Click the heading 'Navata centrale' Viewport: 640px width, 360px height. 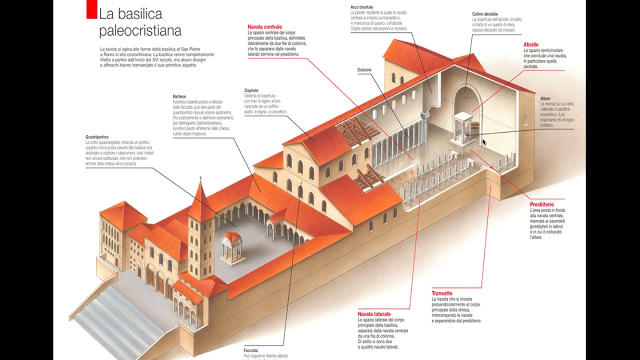click(x=264, y=27)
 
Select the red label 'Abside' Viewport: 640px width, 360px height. click(x=531, y=44)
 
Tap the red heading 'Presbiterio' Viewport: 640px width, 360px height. click(x=541, y=204)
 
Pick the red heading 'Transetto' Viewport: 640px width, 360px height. click(x=442, y=293)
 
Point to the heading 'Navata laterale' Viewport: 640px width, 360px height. click(x=374, y=314)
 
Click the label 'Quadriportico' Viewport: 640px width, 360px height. click(x=97, y=137)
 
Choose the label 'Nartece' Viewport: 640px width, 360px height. click(x=179, y=96)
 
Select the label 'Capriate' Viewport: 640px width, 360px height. click(x=251, y=90)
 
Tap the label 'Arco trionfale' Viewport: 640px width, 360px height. click(x=362, y=7)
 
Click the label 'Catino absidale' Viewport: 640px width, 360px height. click(x=485, y=14)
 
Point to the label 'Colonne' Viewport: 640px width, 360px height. click(x=364, y=70)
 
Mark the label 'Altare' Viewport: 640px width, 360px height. click(x=545, y=98)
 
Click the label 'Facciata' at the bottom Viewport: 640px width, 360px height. click(x=251, y=350)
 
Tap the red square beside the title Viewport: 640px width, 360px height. click(x=91, y=10)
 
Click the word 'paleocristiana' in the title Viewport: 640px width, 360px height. click(x=140, y=31)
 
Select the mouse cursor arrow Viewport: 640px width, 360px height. click(x=484, y=142)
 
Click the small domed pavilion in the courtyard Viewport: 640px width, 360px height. click(x=232, y=246)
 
